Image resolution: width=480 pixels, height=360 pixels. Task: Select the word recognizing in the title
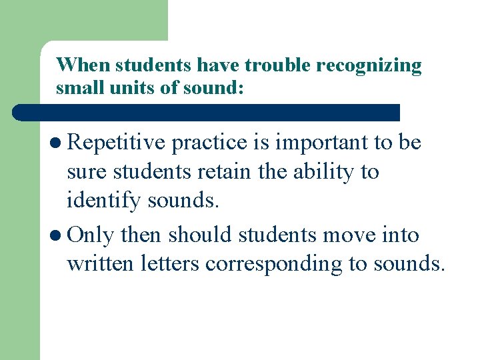369,66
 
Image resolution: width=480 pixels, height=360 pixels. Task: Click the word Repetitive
117,142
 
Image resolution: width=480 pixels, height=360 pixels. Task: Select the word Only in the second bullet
90,235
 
